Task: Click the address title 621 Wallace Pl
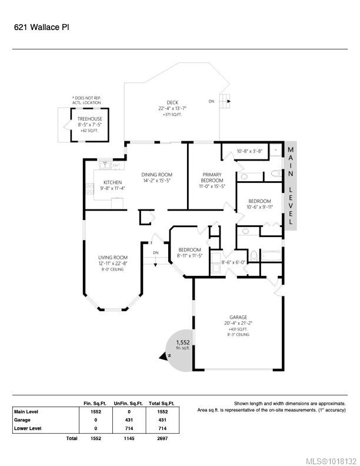[x=42, y=27]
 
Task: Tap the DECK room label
[x=172, y=102]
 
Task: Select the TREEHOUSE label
[x=89, y=119]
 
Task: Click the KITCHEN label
[x=112, y=182]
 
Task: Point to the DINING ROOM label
[x=157, y=175]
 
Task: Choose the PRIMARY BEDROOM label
[x=212, y=178]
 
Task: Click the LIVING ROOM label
[x=113, y=258]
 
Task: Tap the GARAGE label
[x=238, y=317]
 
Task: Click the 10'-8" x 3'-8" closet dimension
[x=249, y=151]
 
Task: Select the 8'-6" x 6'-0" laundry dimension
[x=234, y=262]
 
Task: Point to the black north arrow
[x=164, y=357]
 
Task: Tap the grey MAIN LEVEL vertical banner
[x=291, y=186]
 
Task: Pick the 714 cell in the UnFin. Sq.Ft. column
[x=129, y=428]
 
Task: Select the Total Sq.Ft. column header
[x=162, y=404]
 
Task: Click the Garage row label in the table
[x=22, y=420]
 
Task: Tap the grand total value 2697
[x=162, y=438]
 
